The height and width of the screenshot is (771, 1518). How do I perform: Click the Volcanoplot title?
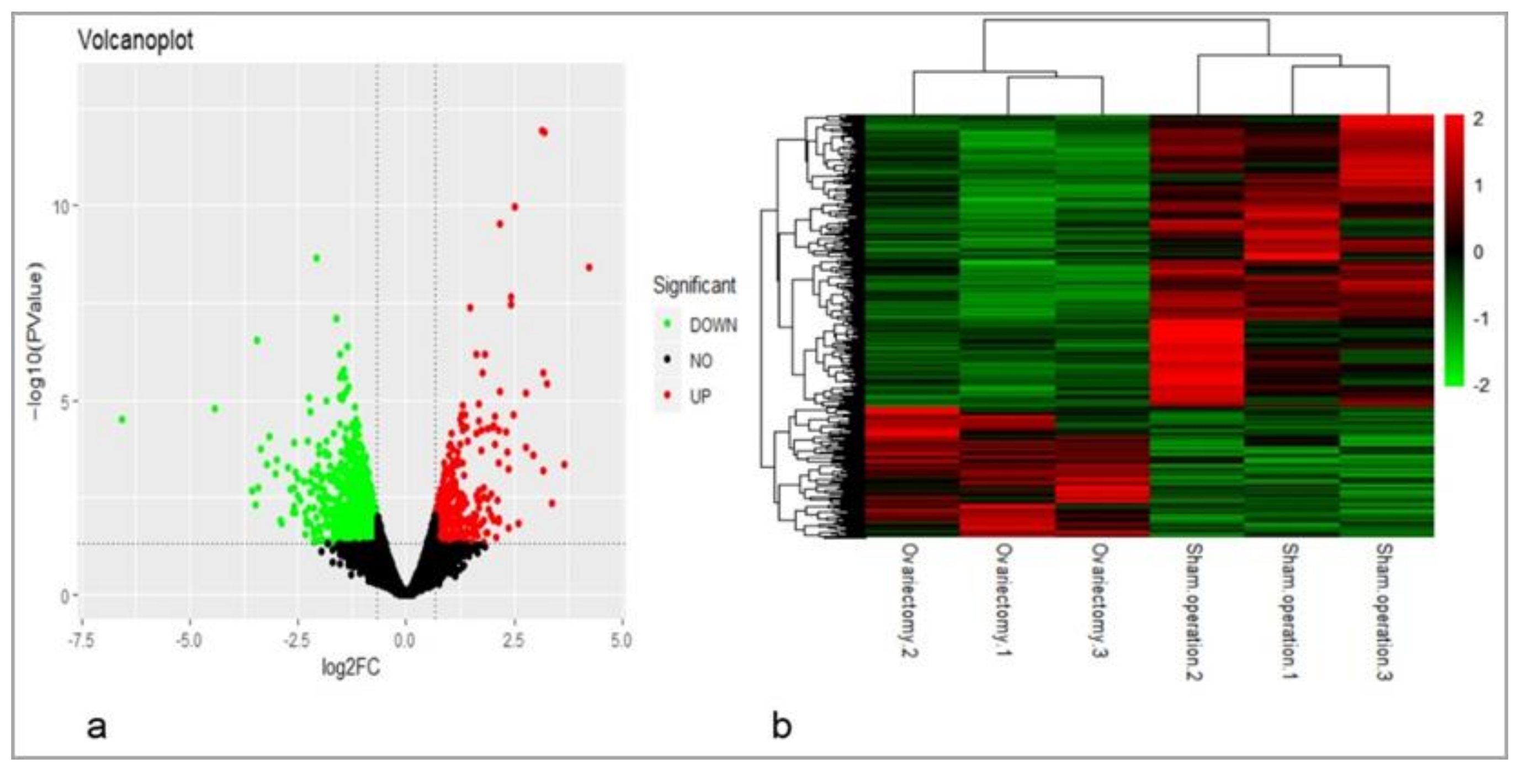pyautogui.click(x=136, y=41)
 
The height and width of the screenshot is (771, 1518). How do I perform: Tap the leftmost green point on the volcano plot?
pyautogui.click(x=122, y=420)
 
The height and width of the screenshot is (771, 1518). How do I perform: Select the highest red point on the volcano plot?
pyautogui.click(x=543, y=132)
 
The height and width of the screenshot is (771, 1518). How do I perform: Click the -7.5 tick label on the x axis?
pyautogui.click(x=81, y=640)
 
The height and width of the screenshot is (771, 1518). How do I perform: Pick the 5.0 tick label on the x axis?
pyautogui.click(x=620, y=640)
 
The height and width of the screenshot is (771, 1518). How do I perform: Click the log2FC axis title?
pyautogui.click(x=351, y=667)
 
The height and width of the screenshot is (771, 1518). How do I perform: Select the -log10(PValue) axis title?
pyautogui.click(x=36, y=345)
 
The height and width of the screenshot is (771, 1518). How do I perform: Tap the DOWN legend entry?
pyautogui.click(x=713, y=325)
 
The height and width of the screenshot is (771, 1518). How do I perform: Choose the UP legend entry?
pyautogui.click(x=700, y=397)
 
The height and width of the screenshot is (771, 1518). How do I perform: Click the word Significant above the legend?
pyautogui.click(x=694, y=286)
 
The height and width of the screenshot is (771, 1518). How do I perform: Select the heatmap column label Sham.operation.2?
pyautogui.click(x=1193, y=611)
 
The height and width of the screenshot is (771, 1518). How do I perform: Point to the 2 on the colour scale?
pyautogui.click(x=1478, y=119)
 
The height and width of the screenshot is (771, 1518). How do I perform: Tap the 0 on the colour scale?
pyautogui.click(x=1478, y=252)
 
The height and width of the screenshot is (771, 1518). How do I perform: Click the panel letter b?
pyautogui.click(x=782, y=727)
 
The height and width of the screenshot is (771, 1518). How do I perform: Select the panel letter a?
pyautogui.click(x=97, y=727)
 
